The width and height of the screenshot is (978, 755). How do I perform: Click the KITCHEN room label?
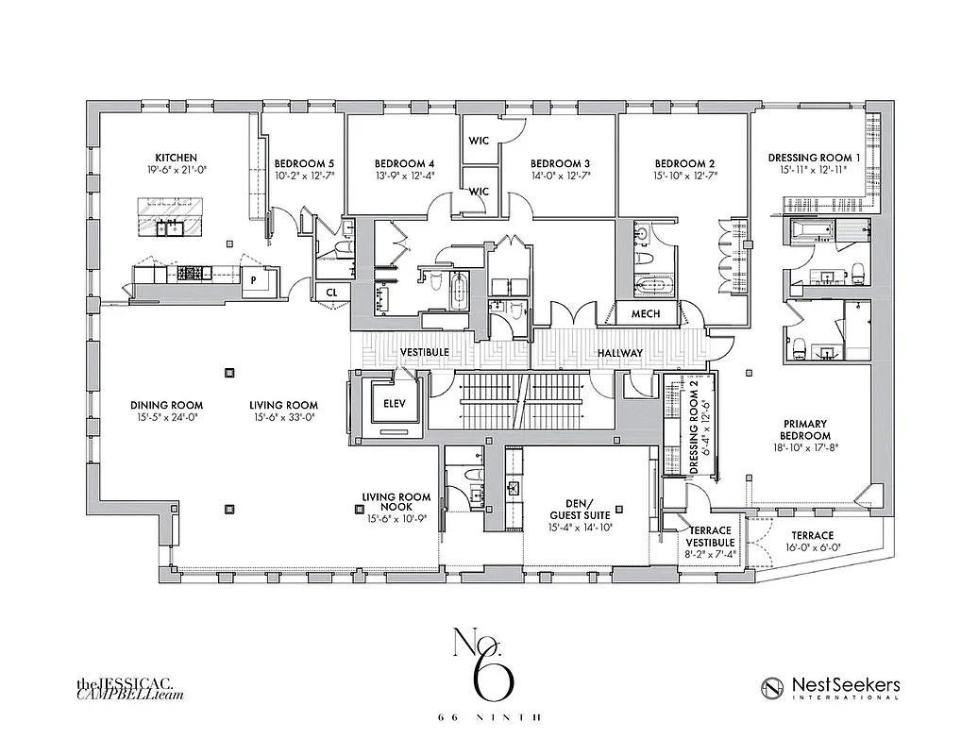(177, 158)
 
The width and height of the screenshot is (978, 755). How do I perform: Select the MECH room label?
(646, 313)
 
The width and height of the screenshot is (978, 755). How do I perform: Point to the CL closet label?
(331, 293)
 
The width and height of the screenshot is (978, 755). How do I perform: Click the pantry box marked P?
(254, 280)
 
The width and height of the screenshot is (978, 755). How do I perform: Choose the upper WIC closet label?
(479, 141)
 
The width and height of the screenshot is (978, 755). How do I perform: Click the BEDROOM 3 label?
(560, 162)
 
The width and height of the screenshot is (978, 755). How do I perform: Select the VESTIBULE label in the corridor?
(423, 352)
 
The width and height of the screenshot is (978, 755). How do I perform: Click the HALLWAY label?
(619, 353)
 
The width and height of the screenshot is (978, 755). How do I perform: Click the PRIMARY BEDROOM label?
(806, 429)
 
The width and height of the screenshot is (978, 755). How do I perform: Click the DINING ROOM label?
(166, 405)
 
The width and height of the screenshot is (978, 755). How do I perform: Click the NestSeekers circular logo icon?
(774, 688)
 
